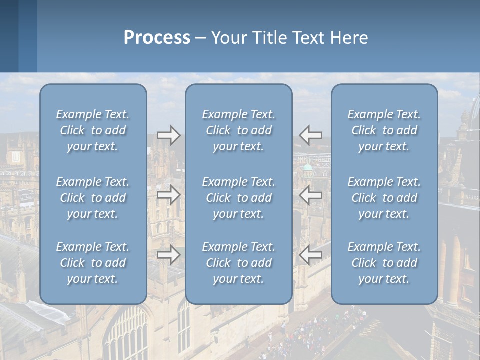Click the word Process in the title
point(157,38)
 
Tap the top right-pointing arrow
point(169,135)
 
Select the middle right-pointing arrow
point(169,194)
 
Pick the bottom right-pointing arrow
point(169,255)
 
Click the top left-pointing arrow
point(311,135)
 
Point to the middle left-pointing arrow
point(311,194)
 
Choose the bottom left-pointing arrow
point(311,255)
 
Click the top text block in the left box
point(93,130)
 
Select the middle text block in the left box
point(93,198)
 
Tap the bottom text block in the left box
point(93,263)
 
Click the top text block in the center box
point(239,130)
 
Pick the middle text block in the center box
point(239,198)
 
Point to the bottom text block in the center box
point(239,263)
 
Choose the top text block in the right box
point(384,130)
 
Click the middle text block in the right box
point(384,198)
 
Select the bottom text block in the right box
point(384,263)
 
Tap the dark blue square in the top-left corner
point(9,36)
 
